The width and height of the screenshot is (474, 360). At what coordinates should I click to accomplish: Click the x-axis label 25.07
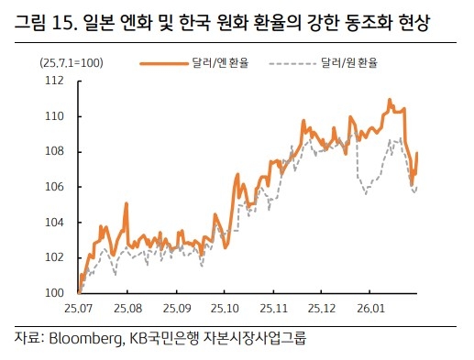pos(80,308)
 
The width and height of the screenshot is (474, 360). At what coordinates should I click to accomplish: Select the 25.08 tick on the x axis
pos(127,308)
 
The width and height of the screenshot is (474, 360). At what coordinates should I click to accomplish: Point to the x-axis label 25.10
pos(224,308)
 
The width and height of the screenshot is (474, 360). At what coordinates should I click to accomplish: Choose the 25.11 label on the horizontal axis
pos(273,308)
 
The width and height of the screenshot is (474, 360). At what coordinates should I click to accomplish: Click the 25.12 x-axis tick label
pos(322,308)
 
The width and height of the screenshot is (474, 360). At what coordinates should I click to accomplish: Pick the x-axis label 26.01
pos(370,308)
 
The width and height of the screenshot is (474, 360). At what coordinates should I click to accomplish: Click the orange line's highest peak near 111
pos(390,99)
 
